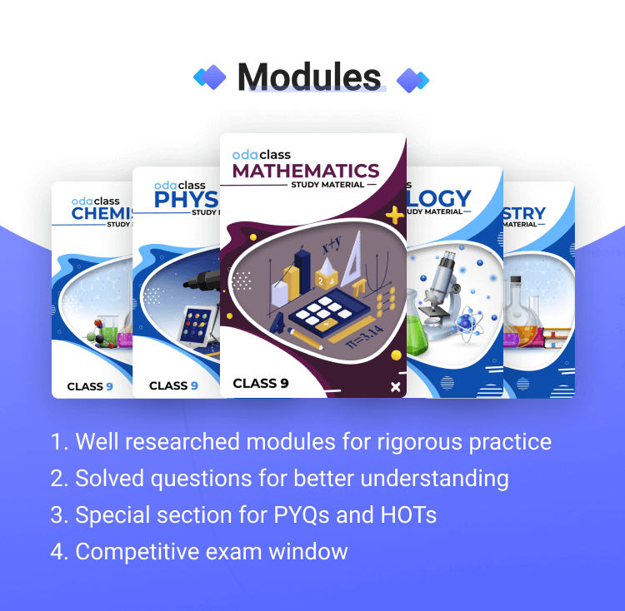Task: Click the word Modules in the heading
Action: click(x=309, y=77)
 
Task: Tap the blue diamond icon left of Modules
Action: click(x=210, y=77)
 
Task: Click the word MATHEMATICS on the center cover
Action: click(x=306, y=171)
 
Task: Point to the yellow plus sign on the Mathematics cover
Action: click(x=394, y=215)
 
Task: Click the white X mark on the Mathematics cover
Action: click(x=395, y=386)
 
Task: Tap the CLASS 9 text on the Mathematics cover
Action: click(x=261, y=384)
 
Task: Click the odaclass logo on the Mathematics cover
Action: click(x=261, y=155)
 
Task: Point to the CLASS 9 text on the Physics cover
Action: click(x=173, y=385)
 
